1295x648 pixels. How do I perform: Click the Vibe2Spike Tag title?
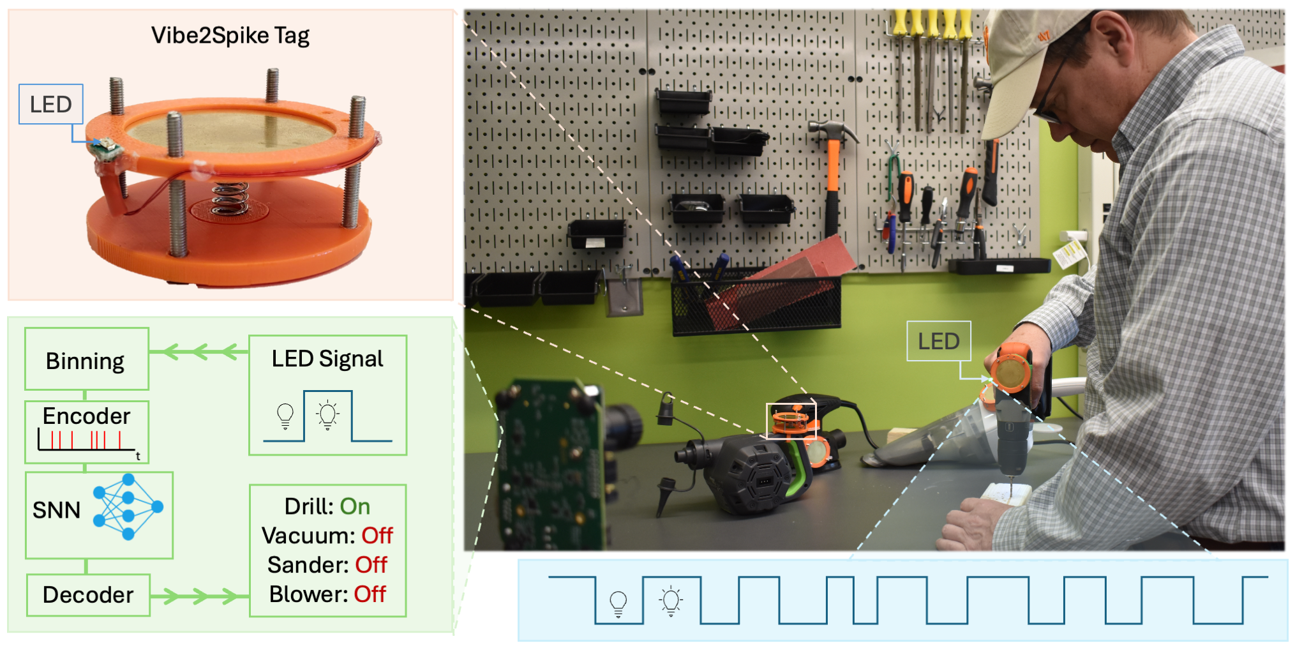click(230, 36)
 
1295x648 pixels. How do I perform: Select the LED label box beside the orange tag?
click(51, 104)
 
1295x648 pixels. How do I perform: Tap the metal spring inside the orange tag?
click(230, 198)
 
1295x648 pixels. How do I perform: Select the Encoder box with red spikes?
click(87, 432)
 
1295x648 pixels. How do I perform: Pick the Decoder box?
click(88, 594)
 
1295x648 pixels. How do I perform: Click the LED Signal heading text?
click(327, 359)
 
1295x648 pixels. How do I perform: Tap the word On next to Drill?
click(355, 506)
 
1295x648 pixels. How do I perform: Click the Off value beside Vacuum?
click(377, 536)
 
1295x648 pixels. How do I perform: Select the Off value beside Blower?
click(370, 594)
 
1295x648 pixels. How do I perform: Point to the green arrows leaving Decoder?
click(198, 596)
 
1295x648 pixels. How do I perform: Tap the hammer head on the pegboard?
click(832, 131)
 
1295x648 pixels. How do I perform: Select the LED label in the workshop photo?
click(938, 341)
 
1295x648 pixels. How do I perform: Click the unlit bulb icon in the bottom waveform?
click(618, 603)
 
